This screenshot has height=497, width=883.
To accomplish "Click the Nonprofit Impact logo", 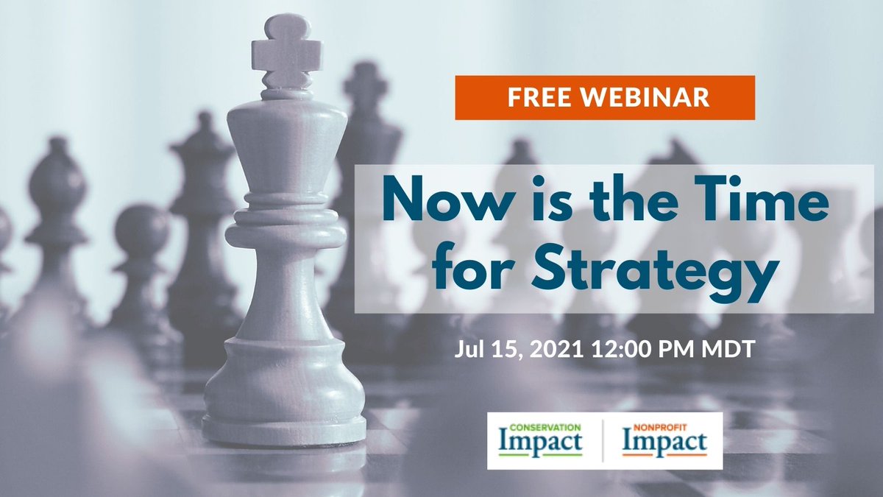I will point(664,440).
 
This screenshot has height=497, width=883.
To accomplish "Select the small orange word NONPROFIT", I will point(654,426).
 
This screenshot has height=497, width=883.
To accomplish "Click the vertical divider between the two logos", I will point(603,440).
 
